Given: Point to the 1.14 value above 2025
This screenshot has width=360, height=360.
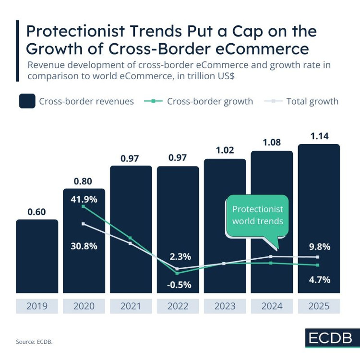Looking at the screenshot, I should (x=319, y=136).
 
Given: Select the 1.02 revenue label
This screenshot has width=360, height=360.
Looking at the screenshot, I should (x=225, y=150).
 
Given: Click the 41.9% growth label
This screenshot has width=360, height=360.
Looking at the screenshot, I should (x=84, y=199).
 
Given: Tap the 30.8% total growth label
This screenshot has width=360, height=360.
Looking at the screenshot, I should (x=84, y=246).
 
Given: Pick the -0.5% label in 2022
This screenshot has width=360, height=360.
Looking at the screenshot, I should (x=178, y=285).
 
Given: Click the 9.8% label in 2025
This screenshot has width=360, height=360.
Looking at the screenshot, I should (x=319, y=247).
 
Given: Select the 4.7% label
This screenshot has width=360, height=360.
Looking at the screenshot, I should (x=319, y=280).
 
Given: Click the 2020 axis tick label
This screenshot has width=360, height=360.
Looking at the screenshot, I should (x=84, y=306).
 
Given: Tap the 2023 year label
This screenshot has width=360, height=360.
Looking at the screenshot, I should (x=225, y=306).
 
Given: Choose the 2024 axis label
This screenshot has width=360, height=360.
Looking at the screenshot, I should (x=272, y=306).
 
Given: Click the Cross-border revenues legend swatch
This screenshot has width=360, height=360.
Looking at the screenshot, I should (x=27, y=101).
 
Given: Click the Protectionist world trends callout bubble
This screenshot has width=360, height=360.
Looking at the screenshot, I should (x=257, y=216).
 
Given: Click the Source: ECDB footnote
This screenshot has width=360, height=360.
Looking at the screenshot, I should (x=35, y=341).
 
